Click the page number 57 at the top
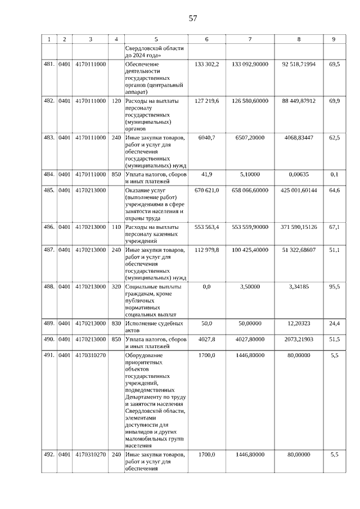[x=193, y=18]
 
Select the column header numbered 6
[x=206, y=39]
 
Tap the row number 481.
[x=49, y=65]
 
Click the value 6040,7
[x=206, y=137]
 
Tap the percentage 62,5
[x=334, y=137]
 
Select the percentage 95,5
[x=334, y=286]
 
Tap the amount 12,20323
[x=299, y=323]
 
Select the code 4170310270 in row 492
[x=90, y=454]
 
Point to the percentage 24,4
[x=334, y=323]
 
